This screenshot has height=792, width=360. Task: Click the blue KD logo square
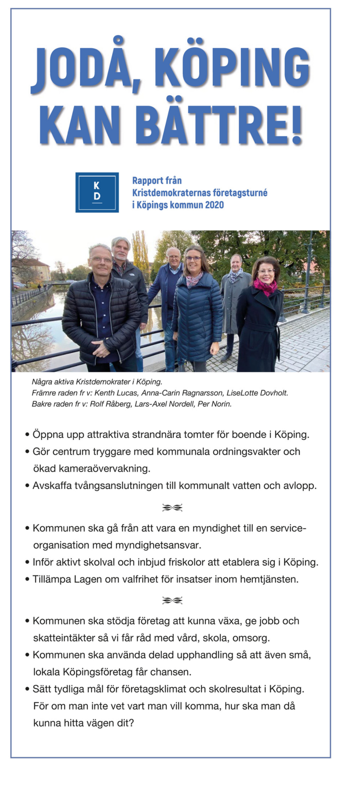(97, 192)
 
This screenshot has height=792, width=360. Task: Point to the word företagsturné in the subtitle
(240, 193)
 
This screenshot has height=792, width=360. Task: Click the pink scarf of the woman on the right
(265, 287)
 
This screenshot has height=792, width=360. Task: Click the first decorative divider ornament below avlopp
(172, 508)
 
